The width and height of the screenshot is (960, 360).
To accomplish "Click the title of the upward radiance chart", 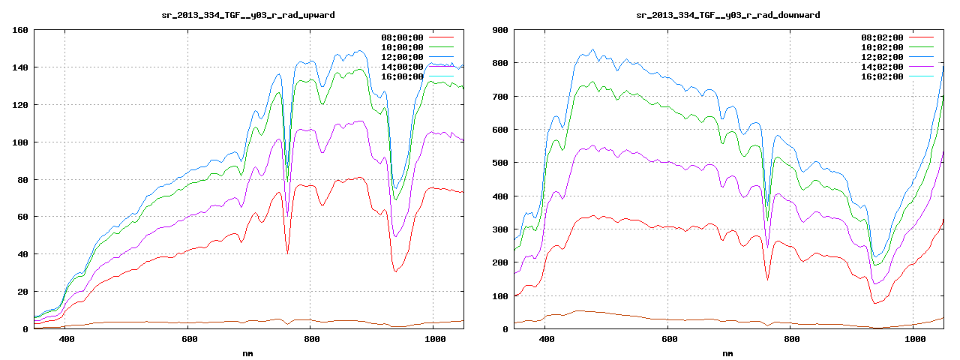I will point(248,15).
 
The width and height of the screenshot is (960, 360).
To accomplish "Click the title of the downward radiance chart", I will point(727,15).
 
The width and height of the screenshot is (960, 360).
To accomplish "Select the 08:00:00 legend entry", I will point(402,37).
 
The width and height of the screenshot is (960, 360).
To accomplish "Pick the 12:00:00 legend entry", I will point(402,57).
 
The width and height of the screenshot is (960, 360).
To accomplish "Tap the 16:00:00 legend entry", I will point(402,76).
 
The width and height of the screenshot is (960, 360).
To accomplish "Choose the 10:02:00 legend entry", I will point(882,47).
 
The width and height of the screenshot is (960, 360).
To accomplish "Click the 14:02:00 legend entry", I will point(882,67).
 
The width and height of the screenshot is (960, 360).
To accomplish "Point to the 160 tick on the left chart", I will point(20,30).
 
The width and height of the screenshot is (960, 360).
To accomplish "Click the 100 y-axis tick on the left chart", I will point(20,142).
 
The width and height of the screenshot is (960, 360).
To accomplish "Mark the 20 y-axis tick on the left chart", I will point(22,292).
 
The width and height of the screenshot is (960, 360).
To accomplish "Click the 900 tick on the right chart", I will point(499,30).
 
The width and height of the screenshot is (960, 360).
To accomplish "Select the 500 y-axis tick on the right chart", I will point(499,163).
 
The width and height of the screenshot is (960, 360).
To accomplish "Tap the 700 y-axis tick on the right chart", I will point(499,97).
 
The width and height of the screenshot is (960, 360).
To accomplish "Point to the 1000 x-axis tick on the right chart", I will point(913,339).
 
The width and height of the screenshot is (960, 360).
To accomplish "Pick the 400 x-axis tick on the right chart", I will point(546,339).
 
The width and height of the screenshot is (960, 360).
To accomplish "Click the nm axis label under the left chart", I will point(248,352).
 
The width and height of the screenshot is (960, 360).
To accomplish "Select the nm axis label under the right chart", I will point(727,352).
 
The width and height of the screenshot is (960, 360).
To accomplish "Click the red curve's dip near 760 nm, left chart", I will point(287,253).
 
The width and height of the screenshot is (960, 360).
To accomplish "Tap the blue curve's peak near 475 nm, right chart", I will point(592,50).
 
